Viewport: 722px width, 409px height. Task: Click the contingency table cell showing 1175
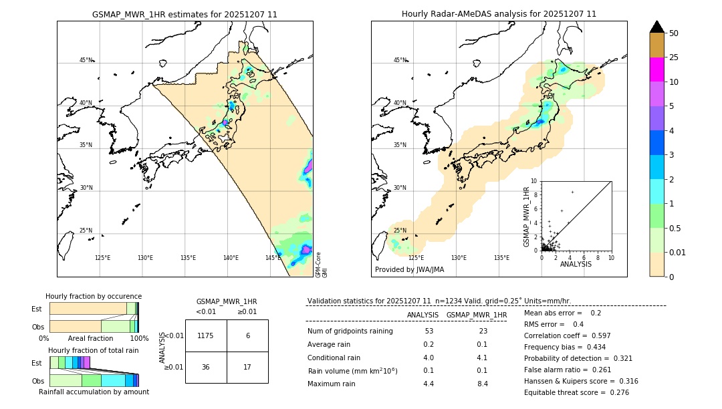206,335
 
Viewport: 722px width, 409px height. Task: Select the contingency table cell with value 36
206,367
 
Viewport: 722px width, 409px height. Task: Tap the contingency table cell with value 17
247,367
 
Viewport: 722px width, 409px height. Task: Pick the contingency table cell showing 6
247,335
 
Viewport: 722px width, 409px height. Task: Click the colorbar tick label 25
674,57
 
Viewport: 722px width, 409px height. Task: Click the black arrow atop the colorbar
657,27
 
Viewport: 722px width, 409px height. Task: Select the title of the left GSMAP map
185,14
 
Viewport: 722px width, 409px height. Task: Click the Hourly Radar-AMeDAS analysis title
499,14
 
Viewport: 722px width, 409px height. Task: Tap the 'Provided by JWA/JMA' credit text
409,270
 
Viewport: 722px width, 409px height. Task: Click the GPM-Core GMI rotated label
321,264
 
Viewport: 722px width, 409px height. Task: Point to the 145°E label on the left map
273,258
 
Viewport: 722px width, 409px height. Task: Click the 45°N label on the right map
400,60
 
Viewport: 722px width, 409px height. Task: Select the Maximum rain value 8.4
482,384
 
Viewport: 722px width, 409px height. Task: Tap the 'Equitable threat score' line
576,392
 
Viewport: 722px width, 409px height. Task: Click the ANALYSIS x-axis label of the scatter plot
576,264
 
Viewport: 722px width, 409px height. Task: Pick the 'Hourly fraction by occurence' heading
94,296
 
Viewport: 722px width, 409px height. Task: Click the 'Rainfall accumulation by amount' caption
94,392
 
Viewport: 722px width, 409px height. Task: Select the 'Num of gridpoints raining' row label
350,331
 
